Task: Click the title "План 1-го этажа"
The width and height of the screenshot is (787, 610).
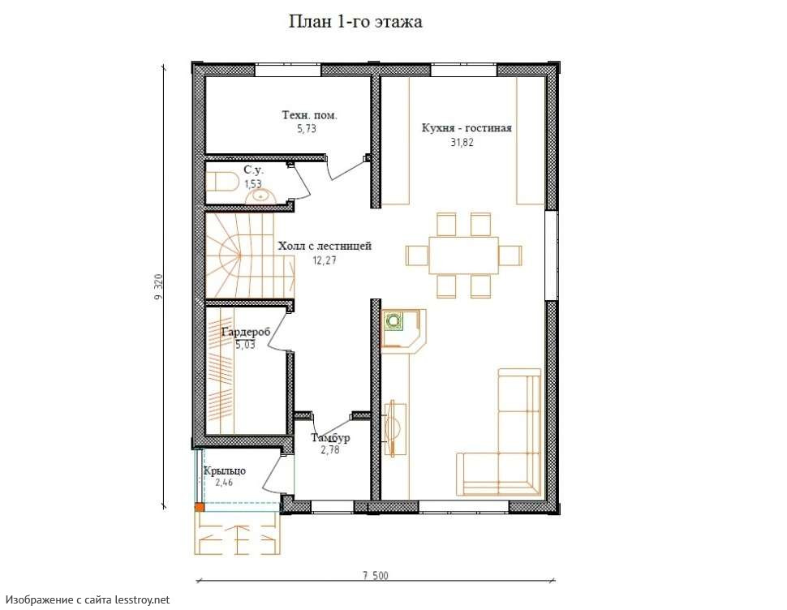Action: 355,22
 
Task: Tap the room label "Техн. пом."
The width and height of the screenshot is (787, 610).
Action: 310,115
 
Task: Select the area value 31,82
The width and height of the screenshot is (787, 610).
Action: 462,142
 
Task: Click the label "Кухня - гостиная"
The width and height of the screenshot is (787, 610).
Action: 467,128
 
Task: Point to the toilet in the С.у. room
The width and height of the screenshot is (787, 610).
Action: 221,181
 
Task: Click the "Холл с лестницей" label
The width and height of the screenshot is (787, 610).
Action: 325,247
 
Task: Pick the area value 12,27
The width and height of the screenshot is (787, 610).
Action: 325,260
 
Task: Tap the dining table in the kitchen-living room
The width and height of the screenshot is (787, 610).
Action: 463,255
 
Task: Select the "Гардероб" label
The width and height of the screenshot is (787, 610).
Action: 246,332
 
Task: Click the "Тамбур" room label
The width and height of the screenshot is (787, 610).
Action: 330,437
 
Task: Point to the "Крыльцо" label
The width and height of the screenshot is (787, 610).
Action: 225,471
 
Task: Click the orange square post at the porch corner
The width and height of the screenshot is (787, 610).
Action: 200,507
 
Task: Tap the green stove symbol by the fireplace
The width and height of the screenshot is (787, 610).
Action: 393,320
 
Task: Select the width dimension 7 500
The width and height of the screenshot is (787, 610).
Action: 376,575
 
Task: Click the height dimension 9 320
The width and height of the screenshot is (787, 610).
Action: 159,287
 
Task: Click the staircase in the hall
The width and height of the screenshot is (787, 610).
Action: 249,256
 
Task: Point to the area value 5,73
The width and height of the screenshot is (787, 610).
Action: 307,129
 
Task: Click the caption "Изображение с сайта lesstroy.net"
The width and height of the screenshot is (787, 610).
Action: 88,599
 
